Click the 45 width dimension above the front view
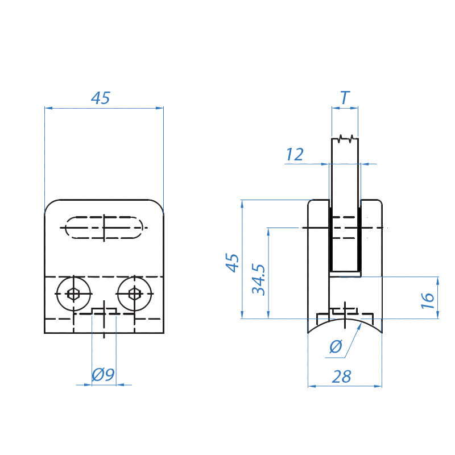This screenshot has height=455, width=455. tap(101, 98)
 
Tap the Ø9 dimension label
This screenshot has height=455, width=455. tap(103, 374)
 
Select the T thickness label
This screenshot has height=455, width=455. tap(345, 97)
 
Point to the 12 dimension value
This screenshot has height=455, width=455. tap(295, 154)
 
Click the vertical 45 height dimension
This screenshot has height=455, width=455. tap(231, 262)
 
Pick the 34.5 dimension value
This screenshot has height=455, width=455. tap(259, 279)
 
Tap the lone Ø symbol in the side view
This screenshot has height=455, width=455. tap(334, 347)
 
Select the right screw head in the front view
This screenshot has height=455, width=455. tap(134, 293)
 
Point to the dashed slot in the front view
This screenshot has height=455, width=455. tap(104, 228)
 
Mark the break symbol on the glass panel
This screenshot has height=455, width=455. tap(345, 138)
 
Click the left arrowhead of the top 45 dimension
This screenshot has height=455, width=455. tap(48, 107)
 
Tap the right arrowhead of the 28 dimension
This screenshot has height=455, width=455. tap(379, 386)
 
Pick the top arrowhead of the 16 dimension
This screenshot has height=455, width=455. tap(437, 280)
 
